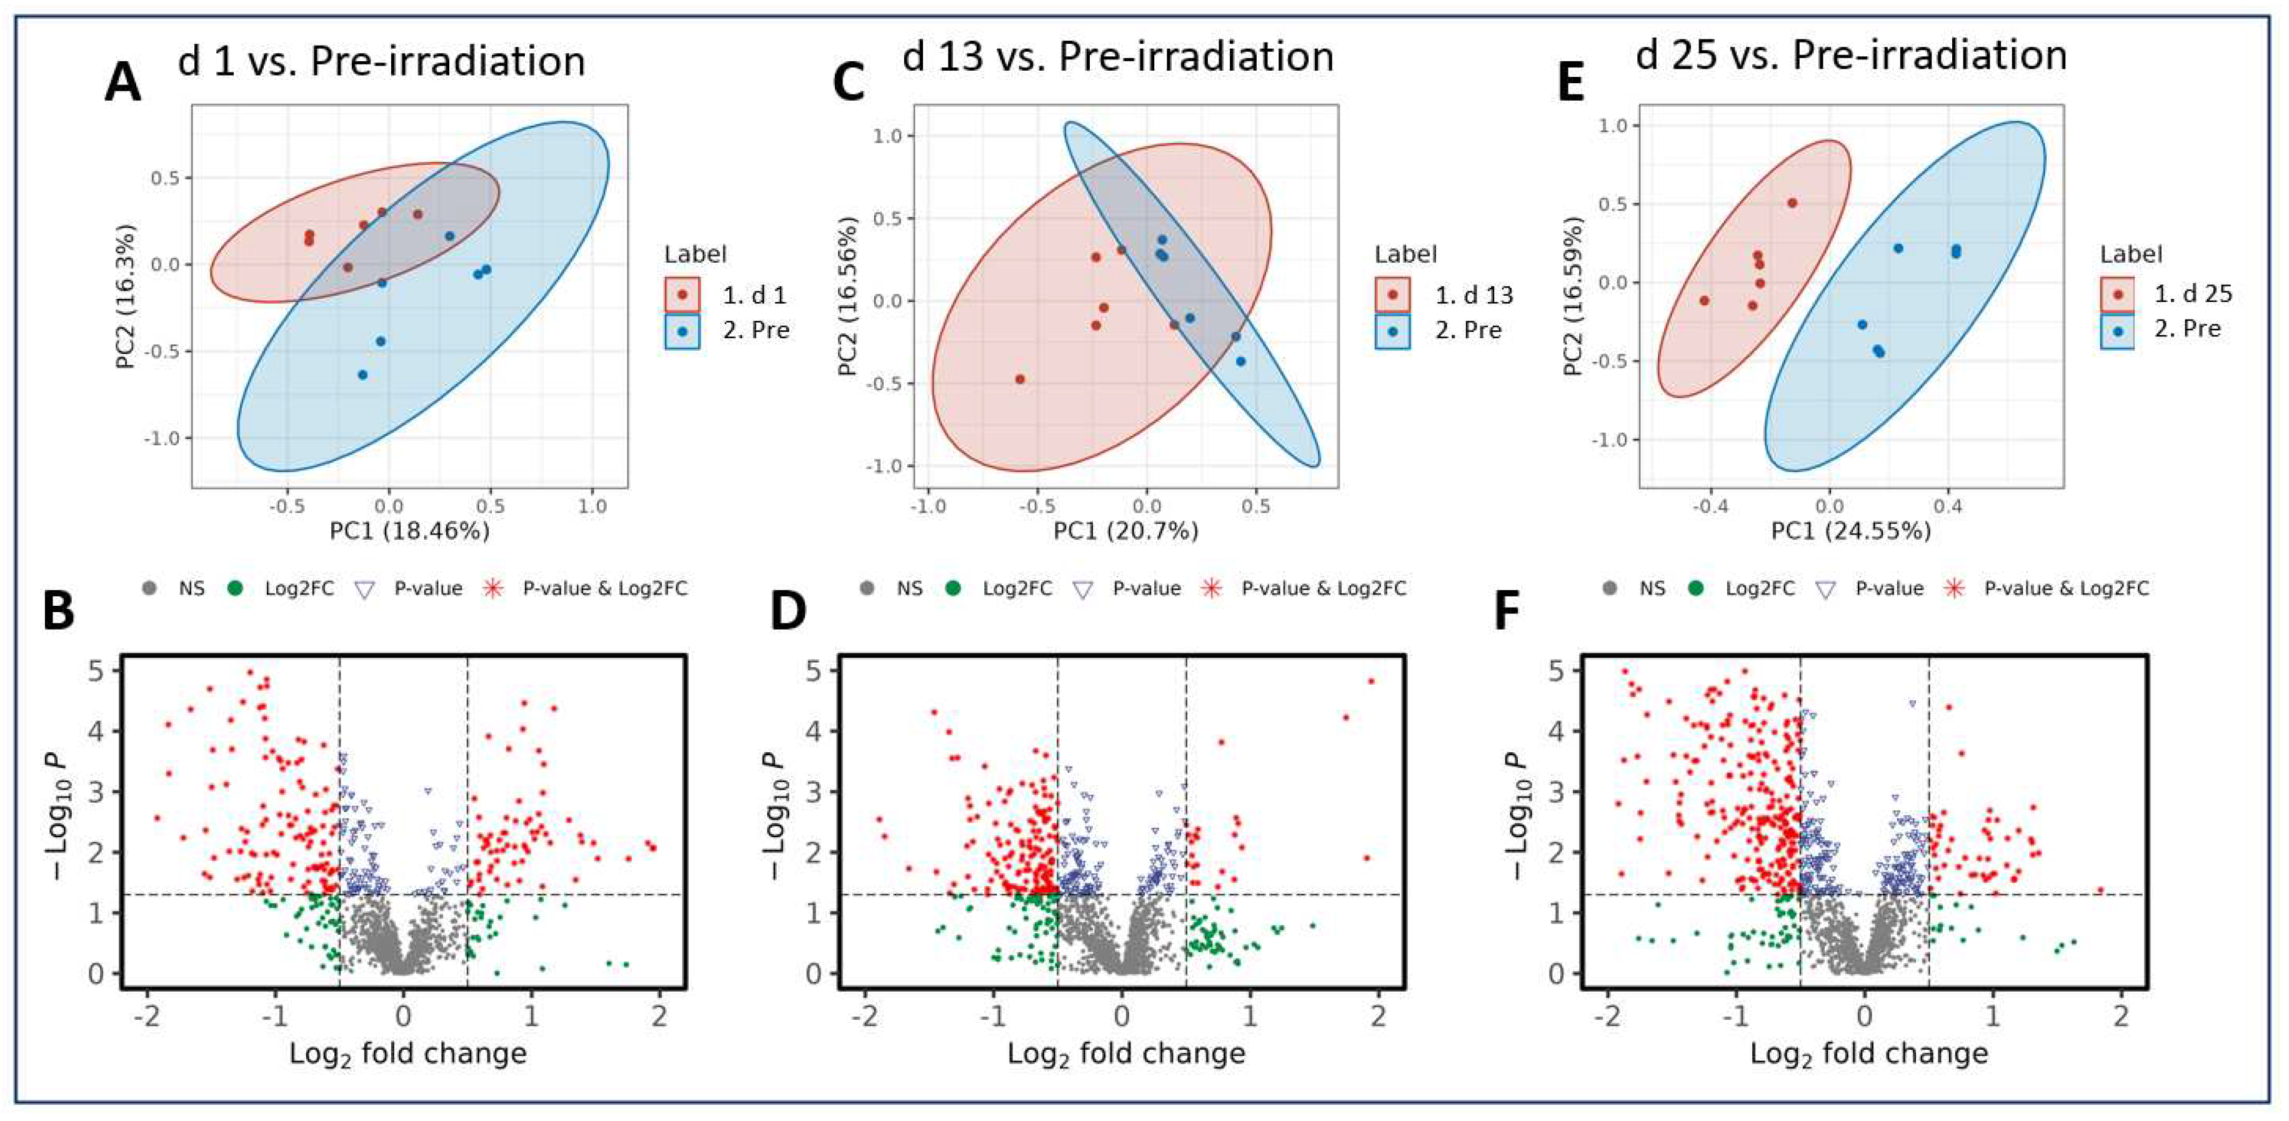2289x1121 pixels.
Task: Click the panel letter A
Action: pos(122,84)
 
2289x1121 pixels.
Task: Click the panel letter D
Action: pos(788,611)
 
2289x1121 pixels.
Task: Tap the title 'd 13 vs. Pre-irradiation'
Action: pos(1118,57)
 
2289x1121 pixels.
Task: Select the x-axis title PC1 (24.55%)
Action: pos(1851,531)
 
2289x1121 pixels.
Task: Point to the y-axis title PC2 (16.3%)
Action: pos(125,296)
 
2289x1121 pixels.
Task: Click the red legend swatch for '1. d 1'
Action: pos(682,294)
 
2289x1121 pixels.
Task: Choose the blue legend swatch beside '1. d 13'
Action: pos(1392,331)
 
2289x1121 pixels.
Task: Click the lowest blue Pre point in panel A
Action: pos(362,375)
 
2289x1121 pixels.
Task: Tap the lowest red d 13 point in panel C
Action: pos(1020,379)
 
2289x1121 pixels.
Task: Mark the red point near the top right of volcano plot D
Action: pos(1371,681)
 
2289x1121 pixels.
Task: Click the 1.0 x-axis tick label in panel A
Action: pos(592,506)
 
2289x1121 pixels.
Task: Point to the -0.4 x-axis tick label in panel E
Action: pos(1710,506)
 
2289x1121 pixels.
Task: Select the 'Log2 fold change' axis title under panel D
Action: pos(1126,1053)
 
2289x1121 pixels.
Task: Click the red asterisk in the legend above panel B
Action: pos(493,588)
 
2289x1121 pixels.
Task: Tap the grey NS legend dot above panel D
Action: pos(867,588)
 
